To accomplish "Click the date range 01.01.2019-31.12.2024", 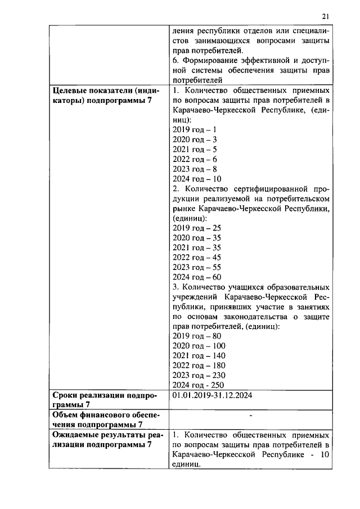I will click(212, 395).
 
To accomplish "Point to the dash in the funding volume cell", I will click(250, 416).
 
